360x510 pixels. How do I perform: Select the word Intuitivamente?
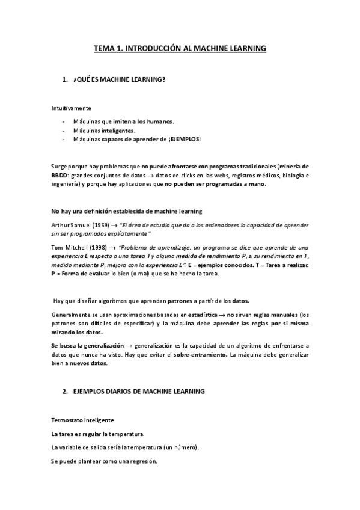point(71,109)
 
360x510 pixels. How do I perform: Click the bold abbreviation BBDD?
point(59,176)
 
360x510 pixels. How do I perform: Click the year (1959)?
point(101,224)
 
